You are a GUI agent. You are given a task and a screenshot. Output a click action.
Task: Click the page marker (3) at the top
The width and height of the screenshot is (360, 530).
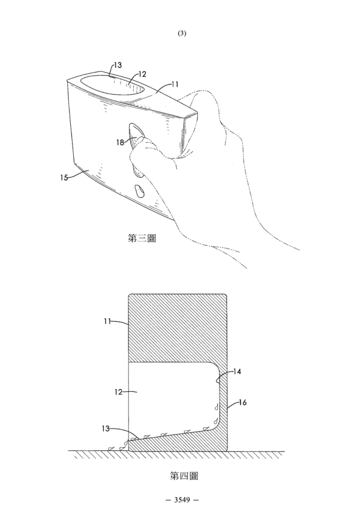182,33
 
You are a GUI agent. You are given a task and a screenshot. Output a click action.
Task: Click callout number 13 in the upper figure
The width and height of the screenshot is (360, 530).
118,65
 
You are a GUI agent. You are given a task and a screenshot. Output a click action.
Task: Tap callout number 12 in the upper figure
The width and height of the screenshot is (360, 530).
142,74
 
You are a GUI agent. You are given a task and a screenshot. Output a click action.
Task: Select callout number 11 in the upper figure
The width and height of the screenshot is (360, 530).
175,84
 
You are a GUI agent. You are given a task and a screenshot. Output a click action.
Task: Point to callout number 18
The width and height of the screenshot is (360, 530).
121,142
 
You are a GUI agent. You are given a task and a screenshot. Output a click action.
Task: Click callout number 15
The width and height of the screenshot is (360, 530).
64,177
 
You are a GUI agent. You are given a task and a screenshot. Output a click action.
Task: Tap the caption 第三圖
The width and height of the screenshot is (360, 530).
142,238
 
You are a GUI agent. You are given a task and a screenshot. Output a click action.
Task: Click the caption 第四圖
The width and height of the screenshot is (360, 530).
184,476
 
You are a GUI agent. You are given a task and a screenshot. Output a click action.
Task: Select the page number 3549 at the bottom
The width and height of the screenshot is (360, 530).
182,499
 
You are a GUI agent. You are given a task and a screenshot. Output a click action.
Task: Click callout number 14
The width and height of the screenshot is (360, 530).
237,372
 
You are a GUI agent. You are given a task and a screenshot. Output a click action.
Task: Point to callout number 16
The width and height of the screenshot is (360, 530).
242,402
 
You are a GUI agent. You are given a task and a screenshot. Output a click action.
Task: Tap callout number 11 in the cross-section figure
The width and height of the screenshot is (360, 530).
107,321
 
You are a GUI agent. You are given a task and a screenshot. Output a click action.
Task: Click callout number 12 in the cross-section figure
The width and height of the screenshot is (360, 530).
118,392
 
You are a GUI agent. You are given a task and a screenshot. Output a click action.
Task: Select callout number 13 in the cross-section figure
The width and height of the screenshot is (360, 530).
106,429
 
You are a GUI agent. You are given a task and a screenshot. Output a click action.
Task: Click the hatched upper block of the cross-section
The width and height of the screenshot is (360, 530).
177,328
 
